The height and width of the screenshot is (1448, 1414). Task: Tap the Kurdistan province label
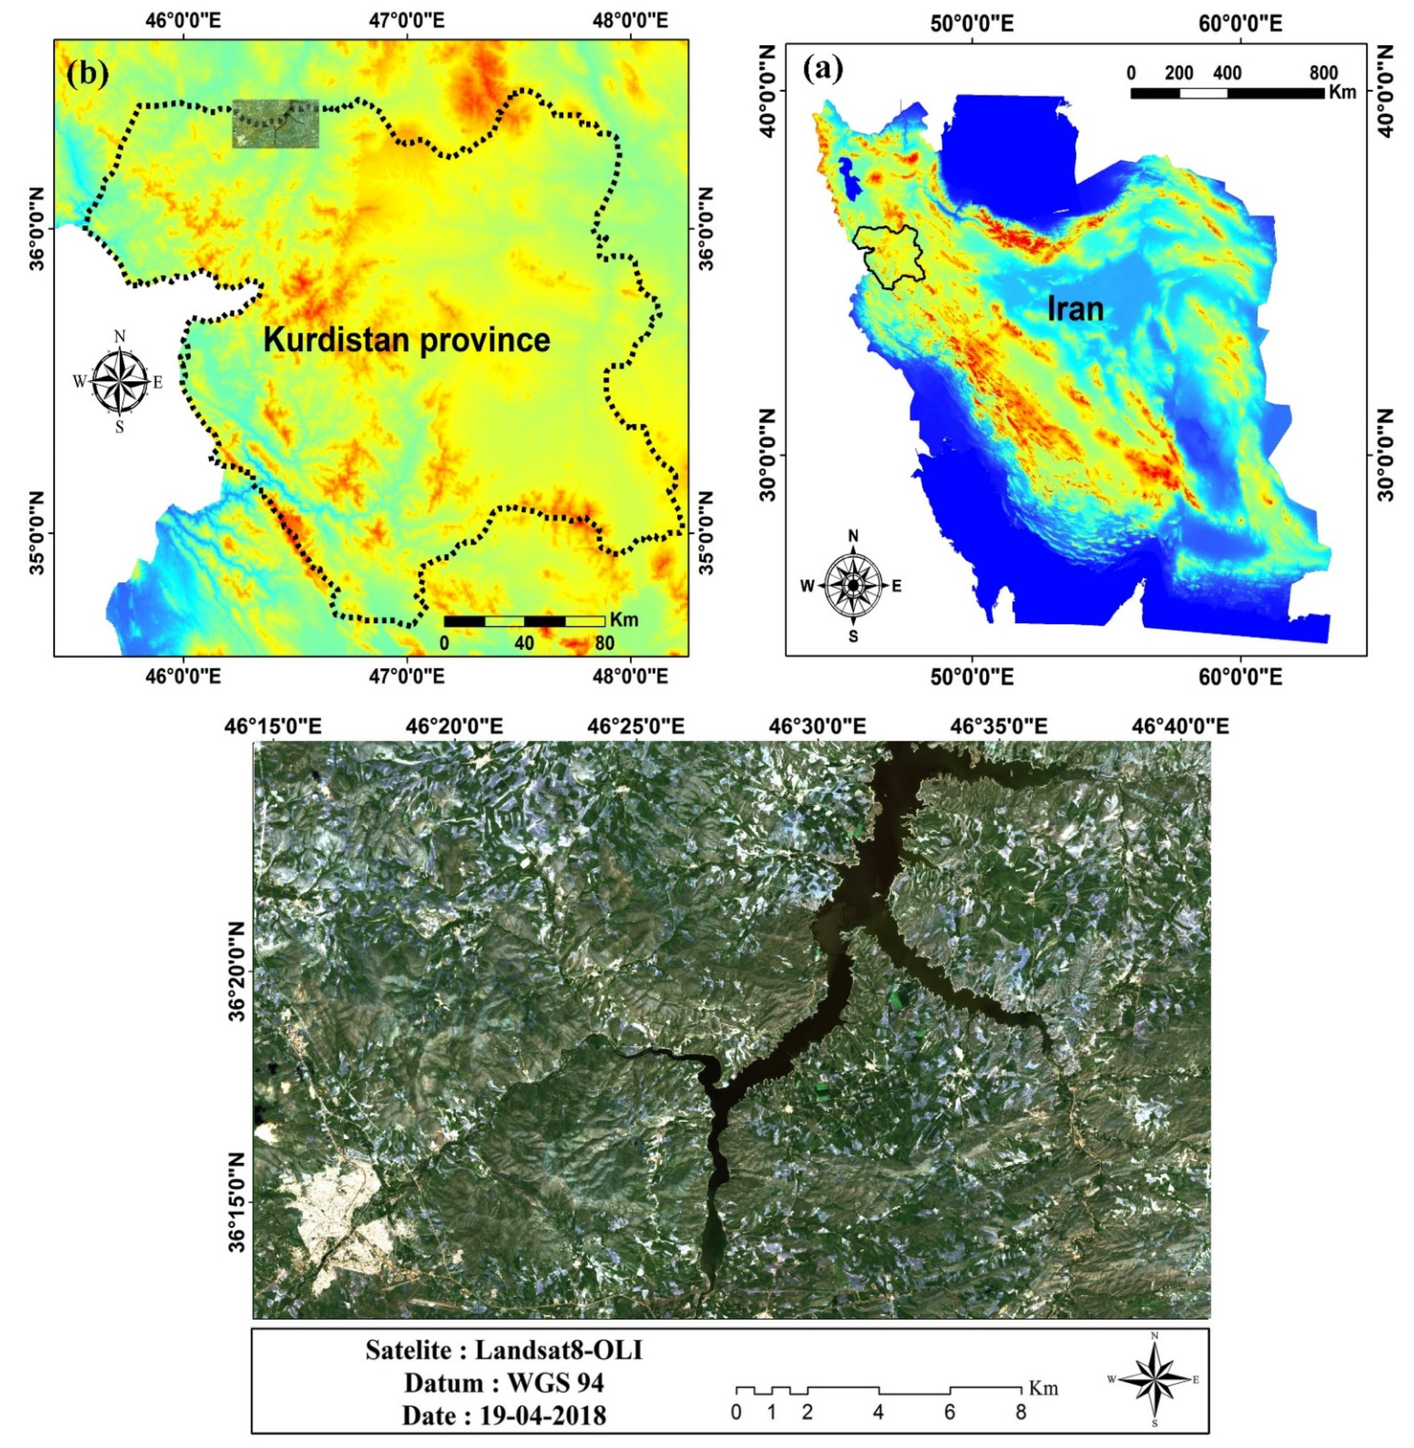pyautogui.click(x=407, y=341)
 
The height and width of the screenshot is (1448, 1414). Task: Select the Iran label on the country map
pyautogui.click(x=1075, y=308)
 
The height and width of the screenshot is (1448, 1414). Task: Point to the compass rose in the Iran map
pyautogui.click(x=853, y=585)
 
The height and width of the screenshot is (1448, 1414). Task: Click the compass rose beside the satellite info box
pyautogui.click(x=1153, y=1380)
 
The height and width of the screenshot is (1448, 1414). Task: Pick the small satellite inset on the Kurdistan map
pyautogui.click(x=275, y=124)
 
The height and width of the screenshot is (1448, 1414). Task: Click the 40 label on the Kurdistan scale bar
pyautogui.click(x=524, y=643)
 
